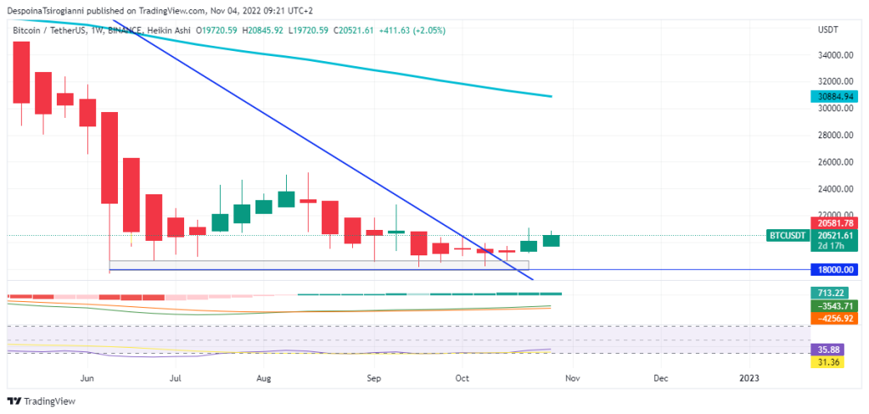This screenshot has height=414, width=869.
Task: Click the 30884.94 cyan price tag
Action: [x=833, y=97]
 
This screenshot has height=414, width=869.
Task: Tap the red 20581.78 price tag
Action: [x=833, y=222]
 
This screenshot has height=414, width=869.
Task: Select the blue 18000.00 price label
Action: [x=833, y=269]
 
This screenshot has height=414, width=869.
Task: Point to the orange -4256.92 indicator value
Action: [x=833, y=317]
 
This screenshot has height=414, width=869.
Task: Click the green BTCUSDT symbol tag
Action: [x=787, y=234]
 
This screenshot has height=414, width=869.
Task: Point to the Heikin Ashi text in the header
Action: [x=168, y=31]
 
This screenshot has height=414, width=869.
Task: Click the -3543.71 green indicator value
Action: [x=833, y=305]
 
